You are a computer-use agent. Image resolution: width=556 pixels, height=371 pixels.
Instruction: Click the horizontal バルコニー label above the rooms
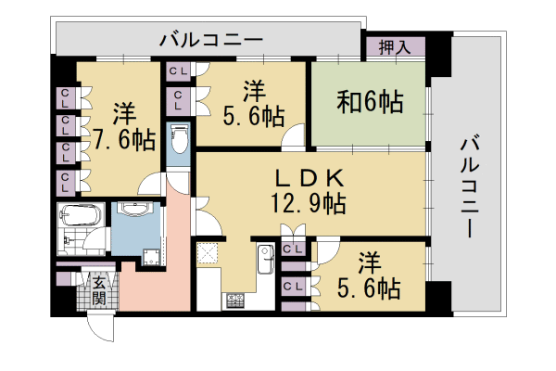[211, 40]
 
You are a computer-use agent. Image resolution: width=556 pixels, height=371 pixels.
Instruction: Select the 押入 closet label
[395, 46]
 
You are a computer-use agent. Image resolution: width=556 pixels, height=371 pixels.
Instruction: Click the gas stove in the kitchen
[234, 299]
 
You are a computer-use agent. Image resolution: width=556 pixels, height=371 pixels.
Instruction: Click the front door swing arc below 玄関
[100, 326]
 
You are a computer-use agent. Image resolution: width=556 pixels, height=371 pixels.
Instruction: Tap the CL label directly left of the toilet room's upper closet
[179, 70]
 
